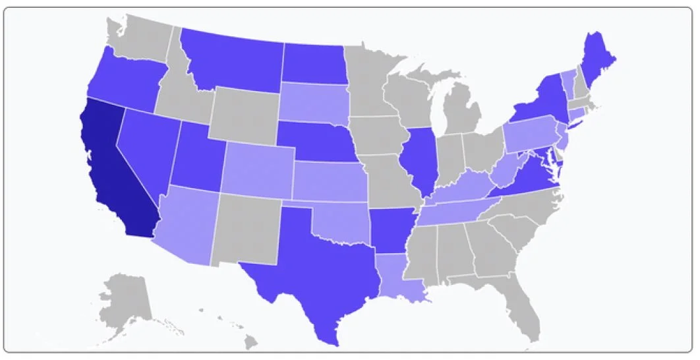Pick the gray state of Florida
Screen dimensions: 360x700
[521, 310]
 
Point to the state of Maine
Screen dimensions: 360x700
[600, 59]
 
